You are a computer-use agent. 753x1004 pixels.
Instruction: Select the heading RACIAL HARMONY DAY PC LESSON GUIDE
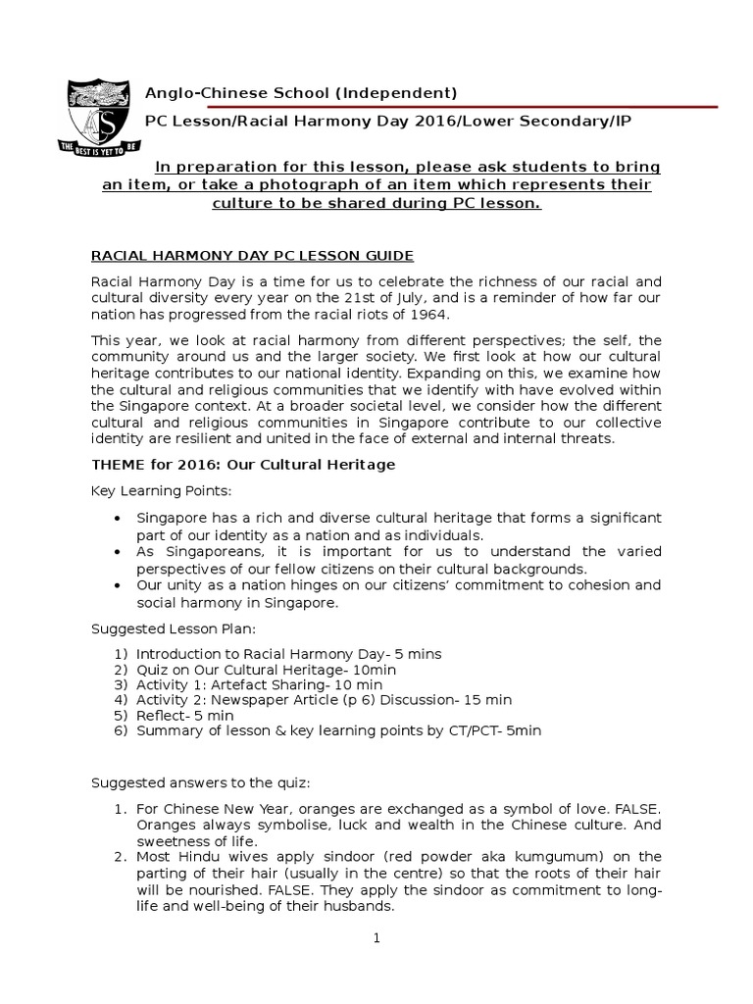click(x=252, y=256)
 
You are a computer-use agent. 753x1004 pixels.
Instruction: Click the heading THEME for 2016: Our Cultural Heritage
click(x=243, y=464)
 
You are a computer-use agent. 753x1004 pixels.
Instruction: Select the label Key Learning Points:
click(x=162, y=490)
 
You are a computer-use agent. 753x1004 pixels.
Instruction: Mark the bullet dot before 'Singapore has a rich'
click(x=118, y=518)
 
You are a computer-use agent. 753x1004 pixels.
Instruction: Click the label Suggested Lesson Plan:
click(x=175, y=627)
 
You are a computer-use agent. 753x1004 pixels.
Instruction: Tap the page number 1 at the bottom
click(x=376, y=938)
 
